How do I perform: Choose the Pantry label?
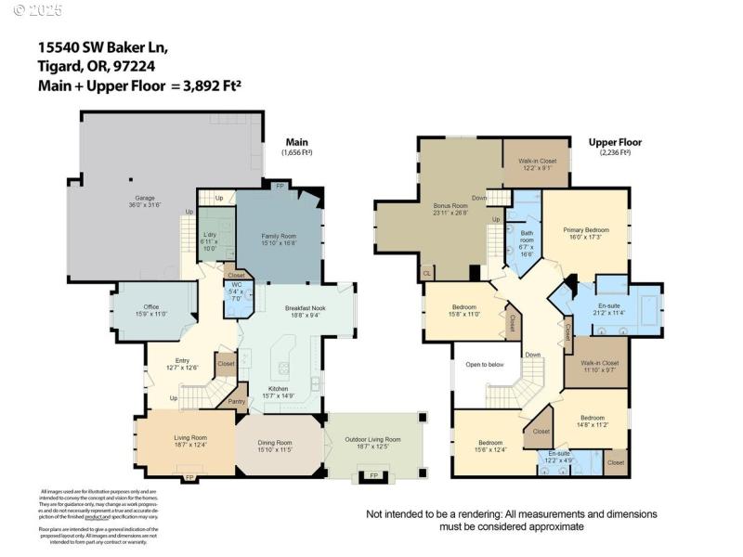coord(236,402)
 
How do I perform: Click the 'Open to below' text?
coord(486,364)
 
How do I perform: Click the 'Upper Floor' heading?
coord(615,142)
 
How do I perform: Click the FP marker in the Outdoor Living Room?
coord(375,475)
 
